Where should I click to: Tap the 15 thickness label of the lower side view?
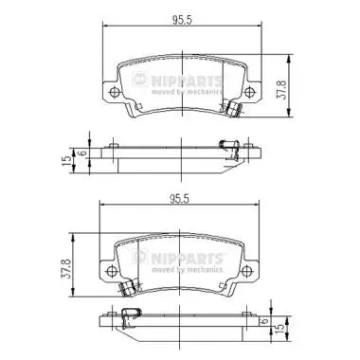click(x=280, y=332)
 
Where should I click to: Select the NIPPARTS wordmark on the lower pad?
click(x=181, y=257)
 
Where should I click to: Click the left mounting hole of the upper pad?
click(x=113, y=92)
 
